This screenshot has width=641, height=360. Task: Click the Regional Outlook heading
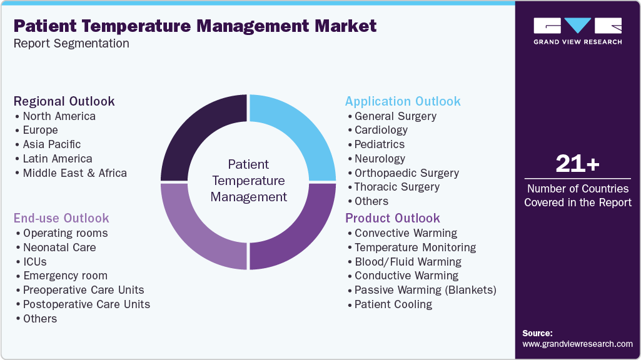[64, 101]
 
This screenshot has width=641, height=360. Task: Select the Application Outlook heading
[403, 101]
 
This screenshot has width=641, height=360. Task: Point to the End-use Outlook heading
[61, 218]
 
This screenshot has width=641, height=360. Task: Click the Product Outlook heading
[393, 218]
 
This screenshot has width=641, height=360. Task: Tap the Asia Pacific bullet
[52, 144]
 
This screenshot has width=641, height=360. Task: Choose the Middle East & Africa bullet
[74, 173]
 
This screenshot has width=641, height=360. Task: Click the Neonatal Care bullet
[59, 247]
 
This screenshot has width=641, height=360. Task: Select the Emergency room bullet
[65, 276]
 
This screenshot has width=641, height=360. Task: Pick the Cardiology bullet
[381, 130]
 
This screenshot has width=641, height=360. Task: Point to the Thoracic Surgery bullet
[396, 187]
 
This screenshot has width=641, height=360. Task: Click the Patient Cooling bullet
[393, 304]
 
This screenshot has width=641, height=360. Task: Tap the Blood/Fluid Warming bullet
[408, 262]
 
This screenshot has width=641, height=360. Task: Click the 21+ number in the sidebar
[577, 164]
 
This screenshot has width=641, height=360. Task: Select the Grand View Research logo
[577, 31]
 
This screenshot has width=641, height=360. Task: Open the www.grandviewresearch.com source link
[577, 344]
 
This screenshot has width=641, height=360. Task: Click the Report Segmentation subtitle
[71, 44]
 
